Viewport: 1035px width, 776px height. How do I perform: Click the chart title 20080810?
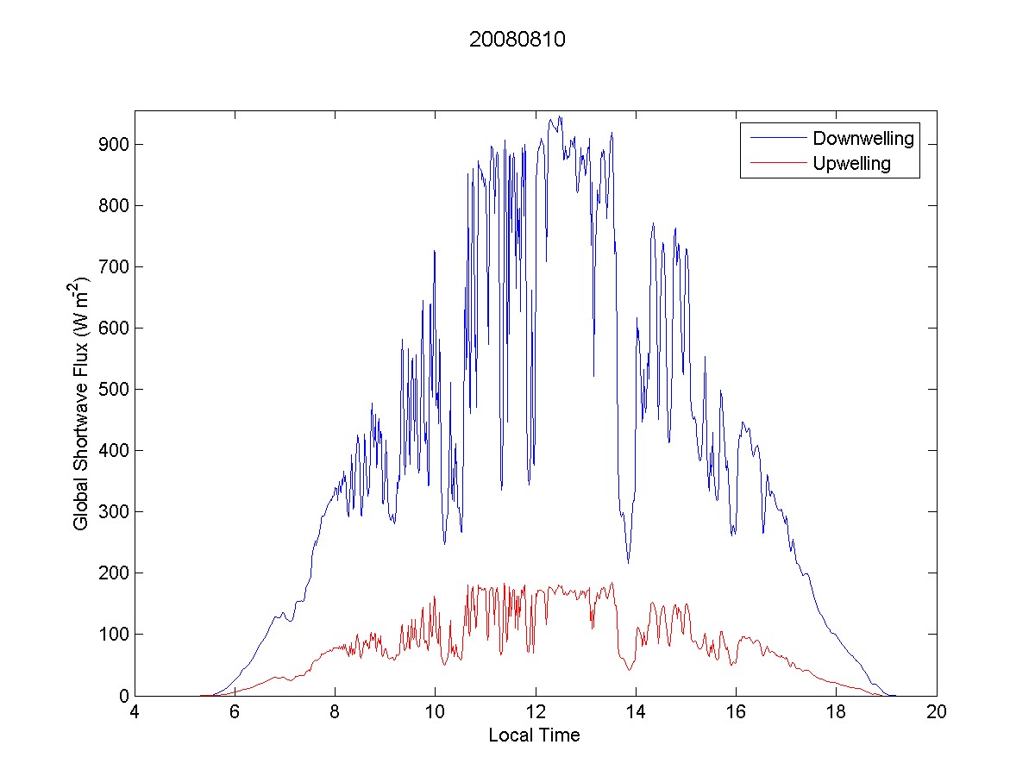coord(517,41)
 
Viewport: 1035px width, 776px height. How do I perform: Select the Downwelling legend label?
coord(862,138)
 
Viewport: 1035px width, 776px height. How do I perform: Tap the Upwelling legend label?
coord(851,163)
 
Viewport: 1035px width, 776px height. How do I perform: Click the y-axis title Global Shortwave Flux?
coord(81,404)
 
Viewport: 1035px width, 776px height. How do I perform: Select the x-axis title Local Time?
coord(534,735)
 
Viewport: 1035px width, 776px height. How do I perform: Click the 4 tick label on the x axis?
coord(135,713)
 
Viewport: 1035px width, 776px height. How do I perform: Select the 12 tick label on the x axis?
coord(536,713)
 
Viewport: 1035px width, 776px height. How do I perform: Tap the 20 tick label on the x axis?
coord(937,713)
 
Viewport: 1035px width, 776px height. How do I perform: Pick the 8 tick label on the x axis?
coord(335,713)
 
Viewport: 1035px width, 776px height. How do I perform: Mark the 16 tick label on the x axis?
coord(736,713)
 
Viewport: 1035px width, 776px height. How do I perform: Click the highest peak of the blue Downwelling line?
coord(560,117)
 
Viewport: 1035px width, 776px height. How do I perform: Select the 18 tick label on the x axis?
coord(836,713)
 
